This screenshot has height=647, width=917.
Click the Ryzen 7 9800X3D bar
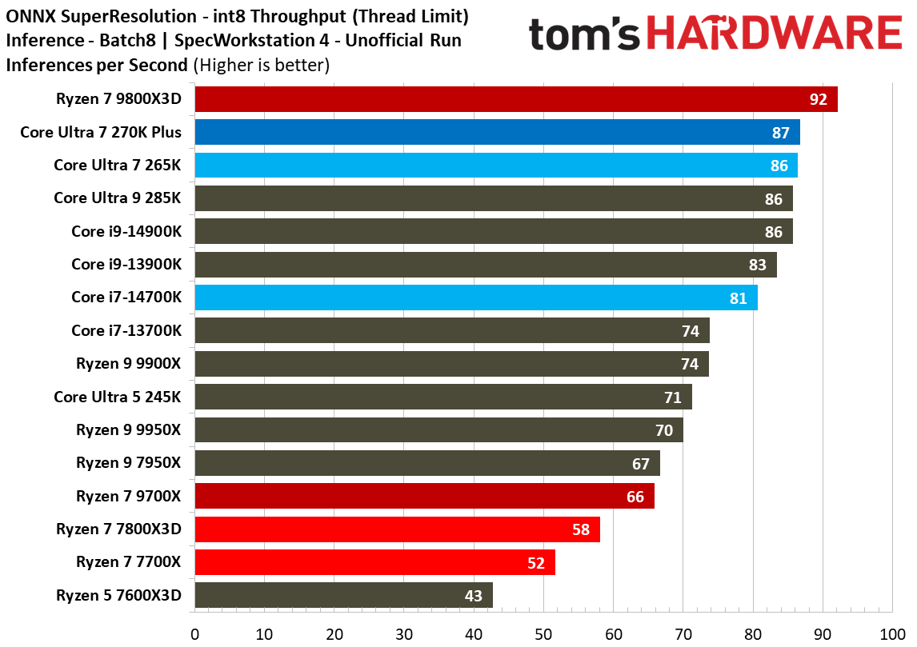point(515,99)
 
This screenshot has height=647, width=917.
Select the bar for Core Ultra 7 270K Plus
point(496,133)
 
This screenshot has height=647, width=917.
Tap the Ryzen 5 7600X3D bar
point(343,595)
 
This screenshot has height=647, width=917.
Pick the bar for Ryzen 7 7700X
point(374,562)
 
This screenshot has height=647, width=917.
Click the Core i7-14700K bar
point(475,298)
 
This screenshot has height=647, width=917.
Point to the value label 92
point(818,100)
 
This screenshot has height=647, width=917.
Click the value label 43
point(474,596)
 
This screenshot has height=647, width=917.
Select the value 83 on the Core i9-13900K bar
point(757,265)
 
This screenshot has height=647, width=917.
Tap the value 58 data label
point(581,529)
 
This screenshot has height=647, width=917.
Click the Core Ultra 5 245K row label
point(118,397)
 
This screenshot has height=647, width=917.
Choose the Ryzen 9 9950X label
point(129,429)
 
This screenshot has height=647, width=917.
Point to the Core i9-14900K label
point(126,231)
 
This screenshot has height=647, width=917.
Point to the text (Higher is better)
point(262,65)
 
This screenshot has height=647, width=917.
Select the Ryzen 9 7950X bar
point(426,463)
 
